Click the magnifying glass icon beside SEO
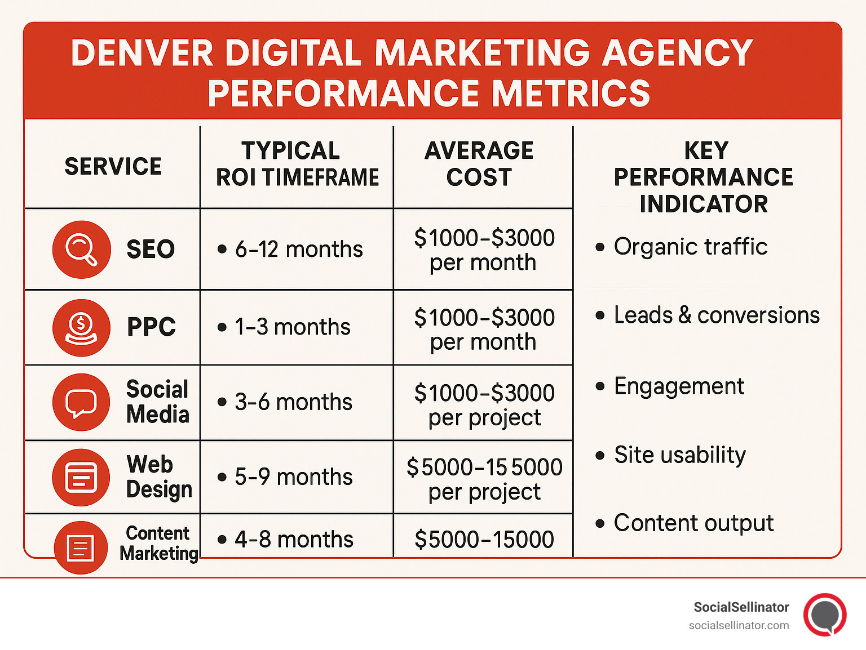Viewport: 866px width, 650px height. tap(81, 249)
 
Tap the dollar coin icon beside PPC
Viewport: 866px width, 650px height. tap(81, 327)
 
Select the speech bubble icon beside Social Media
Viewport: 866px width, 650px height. tap(81, 402)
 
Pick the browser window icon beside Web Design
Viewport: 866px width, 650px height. tap(81, 477)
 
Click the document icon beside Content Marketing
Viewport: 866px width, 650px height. tap(81, 547)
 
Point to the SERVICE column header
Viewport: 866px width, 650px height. tap(113, 167)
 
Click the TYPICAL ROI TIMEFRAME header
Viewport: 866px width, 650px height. tap(297, 164)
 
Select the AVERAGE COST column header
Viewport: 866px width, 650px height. tap(479, 164)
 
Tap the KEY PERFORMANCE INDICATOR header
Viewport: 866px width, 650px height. tap(704, 177)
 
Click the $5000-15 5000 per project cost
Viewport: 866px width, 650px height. tap(484, 479)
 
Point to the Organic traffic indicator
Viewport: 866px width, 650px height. tap(690, 247)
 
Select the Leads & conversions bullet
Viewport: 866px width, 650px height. tap(716, 315)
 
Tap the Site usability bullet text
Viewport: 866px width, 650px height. tap(679, 455)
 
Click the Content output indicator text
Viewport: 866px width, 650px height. tap(693, 523)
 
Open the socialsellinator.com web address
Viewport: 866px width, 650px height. tap(739, 625)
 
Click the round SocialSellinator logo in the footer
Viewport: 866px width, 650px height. tap(825, 615)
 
